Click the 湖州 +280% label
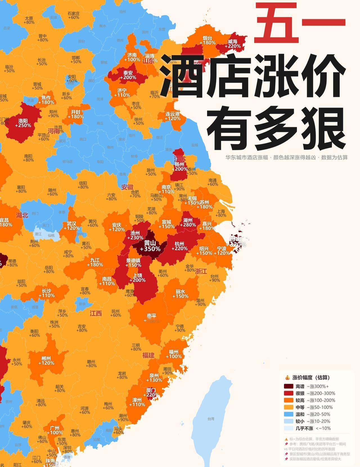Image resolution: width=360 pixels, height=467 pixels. tap(189, 222)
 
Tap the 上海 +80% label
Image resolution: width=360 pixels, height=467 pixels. tap(221, 213)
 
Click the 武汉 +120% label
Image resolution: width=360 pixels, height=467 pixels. tap(71, 226)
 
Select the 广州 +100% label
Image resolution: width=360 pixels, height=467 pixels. tap(55, 430)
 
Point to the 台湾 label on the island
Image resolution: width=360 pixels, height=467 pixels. tap(211, 419)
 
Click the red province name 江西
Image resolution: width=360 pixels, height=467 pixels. tap(96, 314)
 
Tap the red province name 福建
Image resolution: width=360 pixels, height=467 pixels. tap(148, 355)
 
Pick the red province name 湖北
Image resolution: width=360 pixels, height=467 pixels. tap(22, 215)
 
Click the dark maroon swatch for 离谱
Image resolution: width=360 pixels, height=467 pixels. tap(289, 386)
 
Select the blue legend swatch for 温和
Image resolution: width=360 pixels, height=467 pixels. tap(289, 414)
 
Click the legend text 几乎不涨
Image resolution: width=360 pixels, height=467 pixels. tap(304, 428)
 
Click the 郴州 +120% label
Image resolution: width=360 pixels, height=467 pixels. tap(46, 361)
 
